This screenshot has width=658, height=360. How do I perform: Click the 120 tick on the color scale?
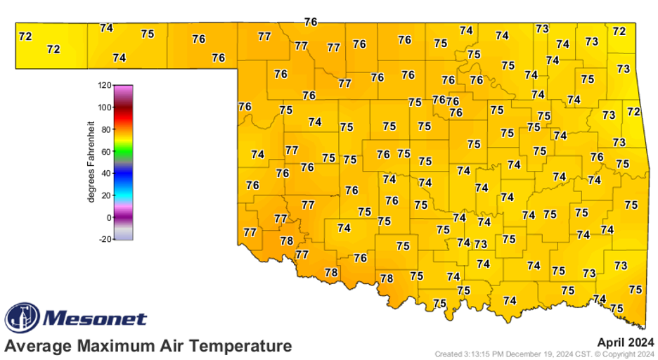pyautogui.click(x=104, y=86)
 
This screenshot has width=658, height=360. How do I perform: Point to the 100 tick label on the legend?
pyautogui.click(x=104, y=108)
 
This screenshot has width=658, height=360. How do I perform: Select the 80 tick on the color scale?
pyautogui.click(x=105, y=129)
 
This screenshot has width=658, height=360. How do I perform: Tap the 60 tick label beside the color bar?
pyautogui.click(x=105, y=151)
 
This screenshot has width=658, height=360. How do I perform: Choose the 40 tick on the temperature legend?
pyautogui.click(x=105, y=173)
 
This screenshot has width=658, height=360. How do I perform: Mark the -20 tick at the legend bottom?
pyautogui.click(x=104, y=239)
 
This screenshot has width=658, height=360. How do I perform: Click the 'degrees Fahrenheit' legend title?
pyautogui.click(x=91, y=162)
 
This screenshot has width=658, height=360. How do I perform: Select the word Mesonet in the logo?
pyautogui.click(x=96, y=319)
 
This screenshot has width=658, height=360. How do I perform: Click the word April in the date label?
pyautogui.click(x=611, y=342)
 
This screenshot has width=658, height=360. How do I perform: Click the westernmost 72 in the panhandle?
pyautogui.click(x=25, y=36)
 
